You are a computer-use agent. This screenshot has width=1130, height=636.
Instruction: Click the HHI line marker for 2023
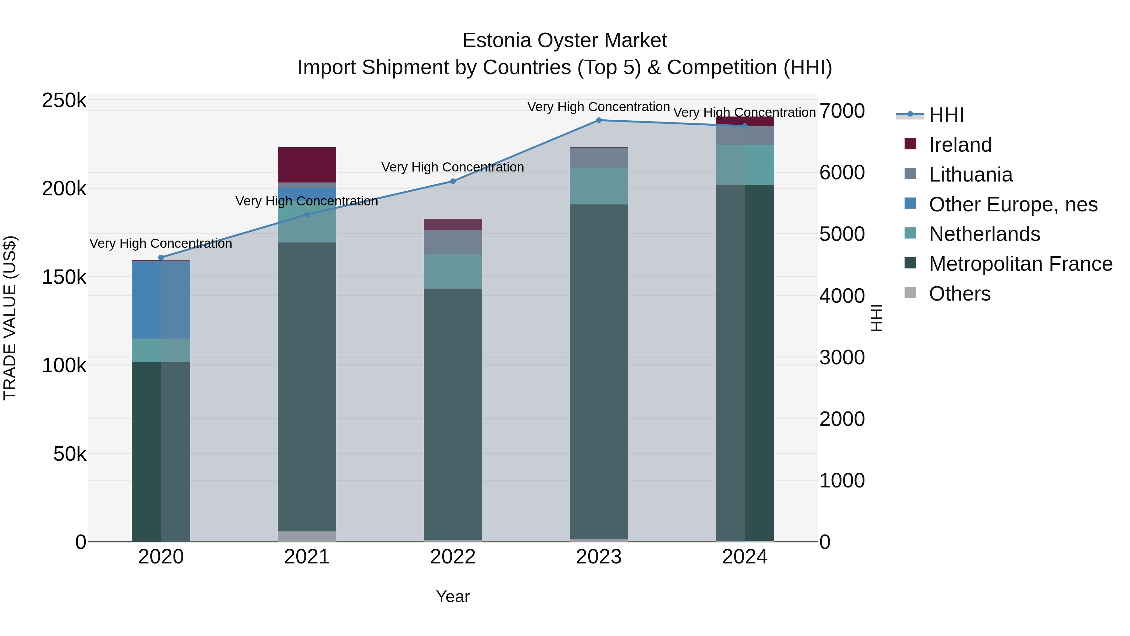coord(599,120)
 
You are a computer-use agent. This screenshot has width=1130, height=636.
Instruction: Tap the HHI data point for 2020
coord(161,258)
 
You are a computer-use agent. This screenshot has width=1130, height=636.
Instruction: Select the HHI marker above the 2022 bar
coord(453,181)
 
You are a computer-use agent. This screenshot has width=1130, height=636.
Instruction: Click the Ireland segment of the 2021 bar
coord(307,164)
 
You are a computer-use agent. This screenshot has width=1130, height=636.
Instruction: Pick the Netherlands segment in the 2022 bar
coord(453,271)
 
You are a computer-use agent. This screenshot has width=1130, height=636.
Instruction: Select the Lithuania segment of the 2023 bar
coord(599,158)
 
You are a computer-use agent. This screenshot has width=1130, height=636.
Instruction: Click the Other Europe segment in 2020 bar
coord(161,300)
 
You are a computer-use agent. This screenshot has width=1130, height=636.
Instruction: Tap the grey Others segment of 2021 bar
coord(307,536)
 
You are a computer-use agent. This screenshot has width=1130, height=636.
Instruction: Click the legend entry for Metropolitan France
coord(1020,264)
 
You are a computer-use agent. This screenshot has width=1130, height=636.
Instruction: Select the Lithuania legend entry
coord(970,175)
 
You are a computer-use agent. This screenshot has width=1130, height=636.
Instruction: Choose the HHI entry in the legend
coord(946,115)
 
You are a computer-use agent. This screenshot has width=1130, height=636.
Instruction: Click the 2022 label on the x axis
coord(453,557)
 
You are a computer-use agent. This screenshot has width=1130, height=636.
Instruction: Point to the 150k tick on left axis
coord(64,277)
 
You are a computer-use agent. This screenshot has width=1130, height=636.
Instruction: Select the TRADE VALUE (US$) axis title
coord(10,318)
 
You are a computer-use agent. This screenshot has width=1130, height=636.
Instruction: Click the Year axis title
coord(453,596)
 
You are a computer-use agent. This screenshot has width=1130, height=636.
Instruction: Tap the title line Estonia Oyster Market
coord(565,41)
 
